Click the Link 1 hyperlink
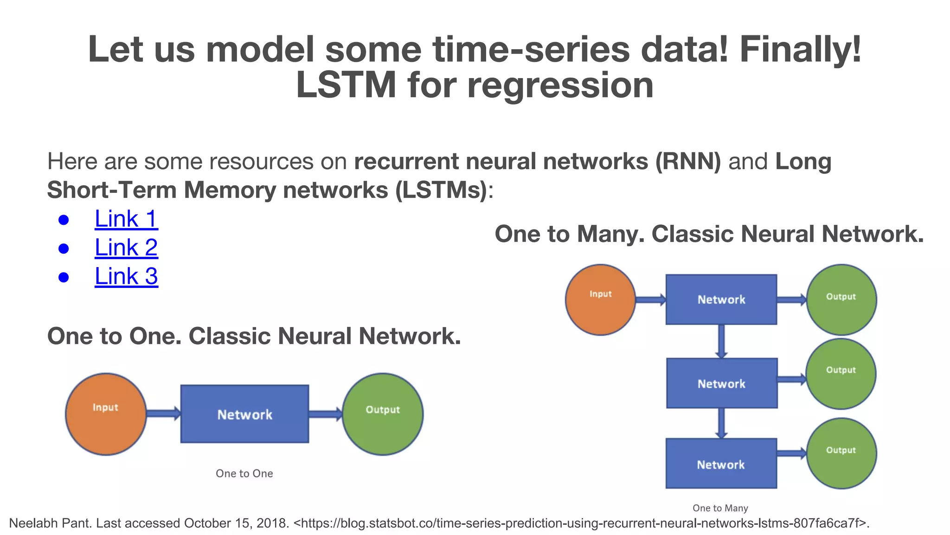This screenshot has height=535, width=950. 126,219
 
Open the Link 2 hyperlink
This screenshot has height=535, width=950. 126,248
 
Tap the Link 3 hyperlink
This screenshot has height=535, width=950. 126,276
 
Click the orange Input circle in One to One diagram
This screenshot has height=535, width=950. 106,414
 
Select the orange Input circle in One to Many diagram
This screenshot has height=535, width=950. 600,300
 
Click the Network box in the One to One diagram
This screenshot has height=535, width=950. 244,414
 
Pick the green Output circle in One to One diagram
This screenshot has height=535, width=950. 383,414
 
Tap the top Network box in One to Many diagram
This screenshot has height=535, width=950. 721,300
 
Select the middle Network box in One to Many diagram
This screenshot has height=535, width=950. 721,383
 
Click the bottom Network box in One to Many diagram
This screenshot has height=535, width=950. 721,463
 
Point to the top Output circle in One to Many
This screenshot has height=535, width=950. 841,300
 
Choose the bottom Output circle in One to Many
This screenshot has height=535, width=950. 841,453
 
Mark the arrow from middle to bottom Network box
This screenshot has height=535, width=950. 721,423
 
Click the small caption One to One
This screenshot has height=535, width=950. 244,473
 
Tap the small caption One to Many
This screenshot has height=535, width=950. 720,508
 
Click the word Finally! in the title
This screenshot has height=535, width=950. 800,49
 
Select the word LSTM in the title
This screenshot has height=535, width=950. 346,85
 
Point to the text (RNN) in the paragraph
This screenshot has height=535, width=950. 687,162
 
